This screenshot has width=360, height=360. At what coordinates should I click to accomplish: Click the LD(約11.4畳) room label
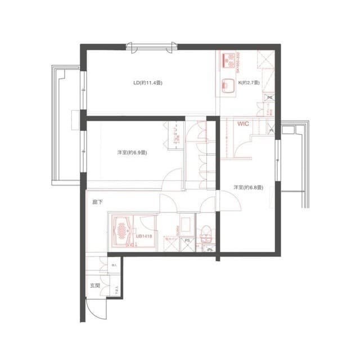pyautogui.click(x=147, y=83)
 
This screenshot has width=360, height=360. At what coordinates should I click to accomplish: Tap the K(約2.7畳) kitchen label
pyautogui.click(x=248, y=83)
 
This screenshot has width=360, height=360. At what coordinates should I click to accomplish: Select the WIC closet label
pyautogui.click(x=243, y=123)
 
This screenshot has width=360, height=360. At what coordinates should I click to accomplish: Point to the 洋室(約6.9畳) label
pyautogui.click(x=132, y=152)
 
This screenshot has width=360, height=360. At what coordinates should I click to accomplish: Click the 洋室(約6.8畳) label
pyautogui.click(x=248, y=187)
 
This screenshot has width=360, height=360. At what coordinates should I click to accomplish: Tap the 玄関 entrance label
pyautogui.click(x=95, y=285)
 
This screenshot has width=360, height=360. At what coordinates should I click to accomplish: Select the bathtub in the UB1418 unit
pyautogui.click(x=121, y=231)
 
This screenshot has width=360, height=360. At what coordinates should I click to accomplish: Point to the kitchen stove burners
pyautogui.click(x=228, y=58)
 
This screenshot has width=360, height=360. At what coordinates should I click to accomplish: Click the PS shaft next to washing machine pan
pyautogui.click(x=187, y=245)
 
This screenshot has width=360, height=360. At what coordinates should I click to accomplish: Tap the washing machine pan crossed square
pyautogui.click(x=170, y=245)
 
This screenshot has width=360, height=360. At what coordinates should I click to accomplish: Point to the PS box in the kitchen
pyautogui.click(x=269, y=97)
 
